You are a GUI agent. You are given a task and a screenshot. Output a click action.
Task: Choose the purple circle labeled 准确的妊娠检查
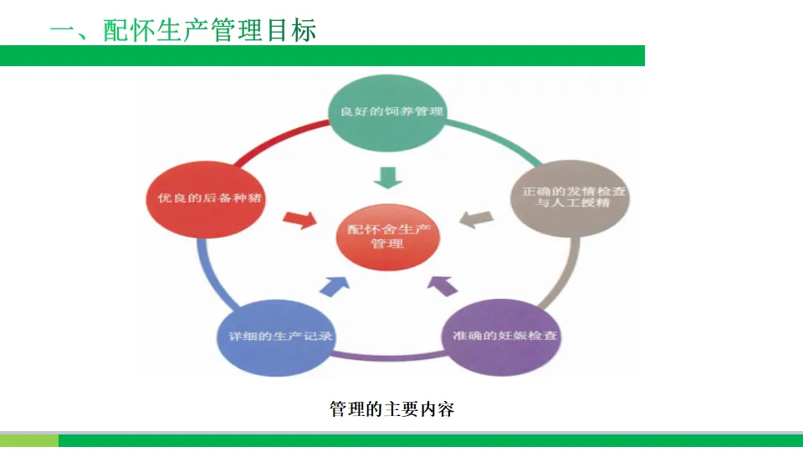click(x=500, y=336)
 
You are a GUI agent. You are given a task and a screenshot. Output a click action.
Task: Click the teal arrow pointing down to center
click(x=387, y=177)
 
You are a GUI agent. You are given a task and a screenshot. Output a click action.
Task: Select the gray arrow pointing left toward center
click(x=476, y=219)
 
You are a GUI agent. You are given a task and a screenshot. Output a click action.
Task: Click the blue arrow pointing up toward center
click(x=335, y=285)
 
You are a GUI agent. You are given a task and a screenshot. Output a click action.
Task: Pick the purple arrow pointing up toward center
click(x=442, y=285)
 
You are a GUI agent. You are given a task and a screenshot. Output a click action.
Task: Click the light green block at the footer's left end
click(x=29, y=439)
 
